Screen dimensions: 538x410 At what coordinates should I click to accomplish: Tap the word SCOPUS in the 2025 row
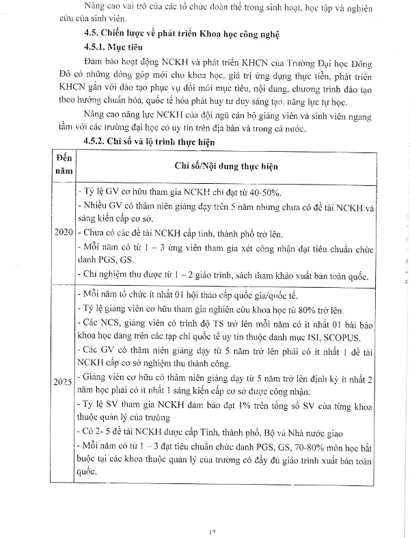347,338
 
